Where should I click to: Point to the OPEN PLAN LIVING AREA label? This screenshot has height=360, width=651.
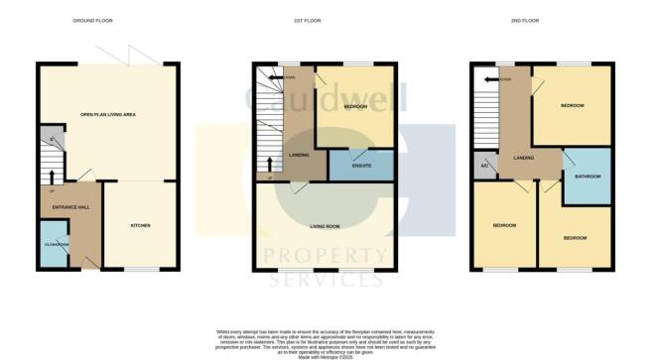[109, 114]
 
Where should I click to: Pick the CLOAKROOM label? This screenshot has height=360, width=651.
[56, 243]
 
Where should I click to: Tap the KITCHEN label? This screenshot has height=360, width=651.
[141, 226]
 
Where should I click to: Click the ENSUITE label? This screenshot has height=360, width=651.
[348, 165]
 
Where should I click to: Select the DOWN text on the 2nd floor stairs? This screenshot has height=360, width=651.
[507, 78]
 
